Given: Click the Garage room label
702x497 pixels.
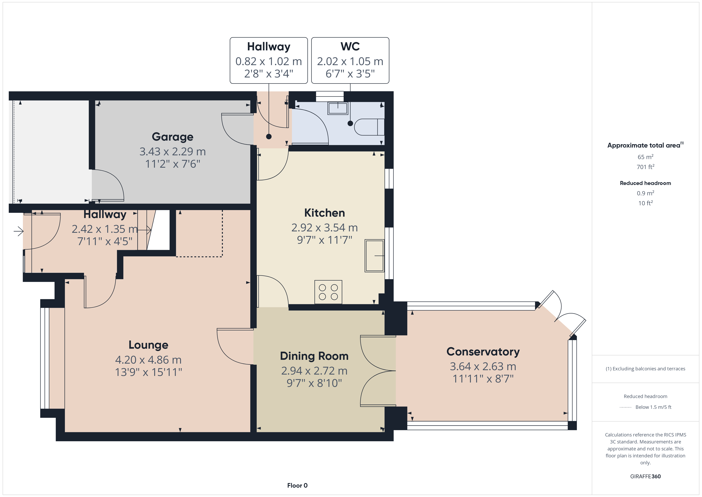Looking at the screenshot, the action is click(173, 137).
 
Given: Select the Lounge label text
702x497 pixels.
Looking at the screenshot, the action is click(148, 345).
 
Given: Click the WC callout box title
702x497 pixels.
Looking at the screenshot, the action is click(350, 47).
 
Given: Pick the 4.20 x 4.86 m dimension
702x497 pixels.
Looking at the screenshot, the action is click(148, 360).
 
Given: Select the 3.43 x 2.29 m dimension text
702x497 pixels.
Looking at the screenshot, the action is click(173, 152).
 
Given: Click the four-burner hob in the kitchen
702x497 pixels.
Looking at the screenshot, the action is click(328, 292).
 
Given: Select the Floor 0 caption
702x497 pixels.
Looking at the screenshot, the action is click(297, 485).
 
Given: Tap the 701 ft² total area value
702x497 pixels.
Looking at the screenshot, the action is click(645, 167).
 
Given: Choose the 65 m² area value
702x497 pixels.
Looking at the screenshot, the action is click(645, 157).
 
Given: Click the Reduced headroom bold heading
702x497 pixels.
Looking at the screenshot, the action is click(645, 183).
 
